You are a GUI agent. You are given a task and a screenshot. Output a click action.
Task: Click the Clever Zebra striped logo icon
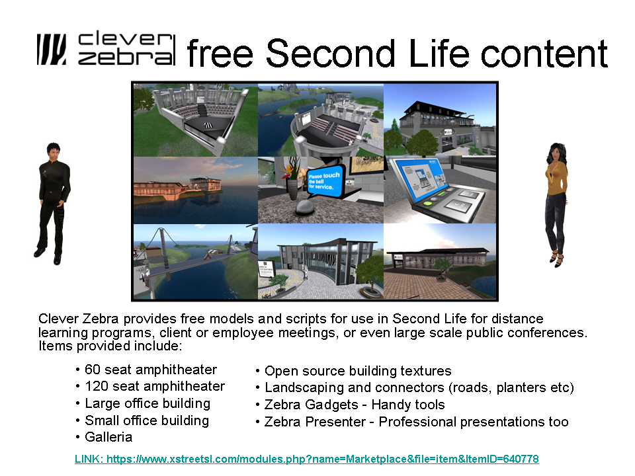tap(52, 50)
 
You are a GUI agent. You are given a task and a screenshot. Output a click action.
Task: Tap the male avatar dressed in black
tap(53, 204)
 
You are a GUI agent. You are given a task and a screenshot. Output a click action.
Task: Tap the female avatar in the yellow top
tap(556, 204)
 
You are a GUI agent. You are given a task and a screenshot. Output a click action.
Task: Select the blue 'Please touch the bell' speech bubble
tap(324, 181)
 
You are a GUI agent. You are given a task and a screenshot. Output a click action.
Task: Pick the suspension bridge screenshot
tap(196, 262)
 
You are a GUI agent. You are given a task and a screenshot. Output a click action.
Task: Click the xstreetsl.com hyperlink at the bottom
tap(306, 459)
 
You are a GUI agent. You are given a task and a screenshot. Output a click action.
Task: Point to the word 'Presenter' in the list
tap(336, 422)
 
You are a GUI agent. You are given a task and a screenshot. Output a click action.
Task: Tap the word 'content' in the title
tap(544, 53)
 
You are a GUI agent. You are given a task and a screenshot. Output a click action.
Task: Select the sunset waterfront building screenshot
tap(196, 190)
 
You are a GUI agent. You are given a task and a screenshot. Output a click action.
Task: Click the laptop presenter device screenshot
tap(440, 190)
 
